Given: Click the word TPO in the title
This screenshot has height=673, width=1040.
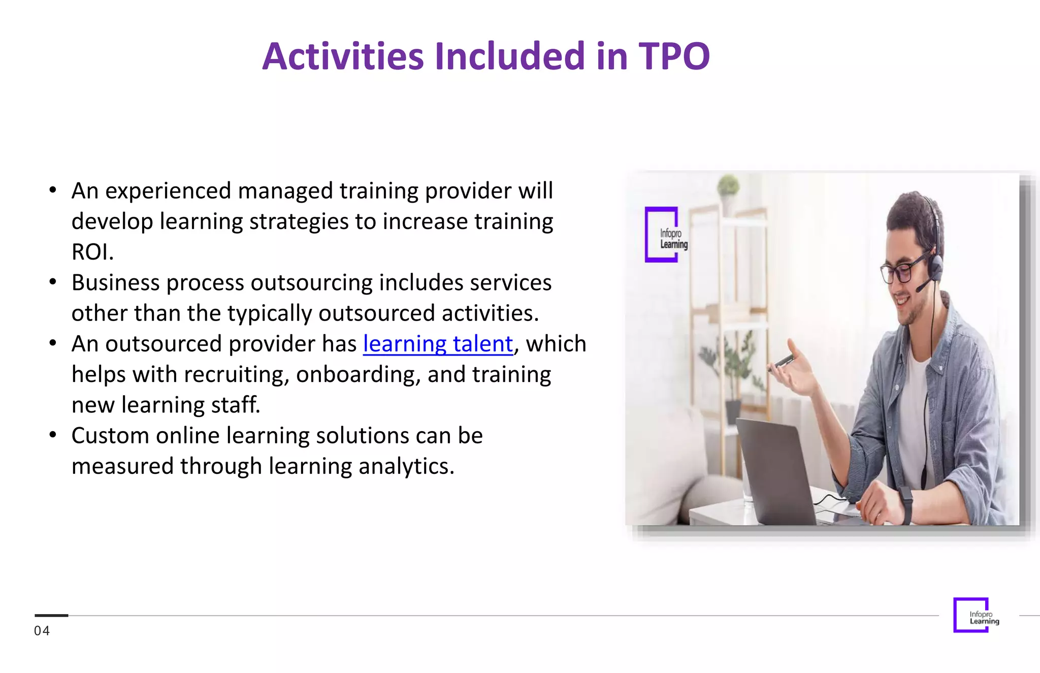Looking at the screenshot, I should [673, 56].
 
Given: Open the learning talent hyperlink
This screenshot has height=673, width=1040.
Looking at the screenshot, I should [438, 344].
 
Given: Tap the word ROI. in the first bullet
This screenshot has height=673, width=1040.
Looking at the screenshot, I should [92, 252].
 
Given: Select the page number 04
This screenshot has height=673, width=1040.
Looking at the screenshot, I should [42, 631].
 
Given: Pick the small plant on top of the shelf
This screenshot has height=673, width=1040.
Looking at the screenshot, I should [728, 185].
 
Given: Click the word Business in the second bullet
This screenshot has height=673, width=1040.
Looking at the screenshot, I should [115, 283].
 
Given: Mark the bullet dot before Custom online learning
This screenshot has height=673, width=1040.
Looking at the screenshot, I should [53, 435].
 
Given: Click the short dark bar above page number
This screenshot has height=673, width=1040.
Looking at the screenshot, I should [51, 615].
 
